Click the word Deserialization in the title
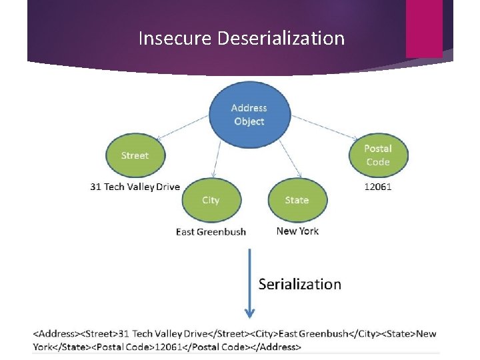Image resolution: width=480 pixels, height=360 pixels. click(x=281, y=39)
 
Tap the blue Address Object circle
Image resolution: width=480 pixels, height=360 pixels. click(x=249, y=115)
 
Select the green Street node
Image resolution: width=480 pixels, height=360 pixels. click(x=135, y=156)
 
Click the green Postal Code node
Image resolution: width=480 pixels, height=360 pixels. click(x=378, y=155)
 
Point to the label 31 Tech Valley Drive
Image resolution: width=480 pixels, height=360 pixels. click(x=135, y=187)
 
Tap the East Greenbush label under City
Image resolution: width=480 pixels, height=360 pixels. click(x=211, y=232)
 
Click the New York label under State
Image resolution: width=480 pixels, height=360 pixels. click(x=297, y=231)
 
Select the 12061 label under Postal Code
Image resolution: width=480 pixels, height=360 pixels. click(x=378, y=187)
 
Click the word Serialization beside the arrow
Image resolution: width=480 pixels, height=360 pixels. click(x=299, y=285)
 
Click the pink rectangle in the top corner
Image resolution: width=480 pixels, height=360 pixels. click(x=423, y=28)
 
